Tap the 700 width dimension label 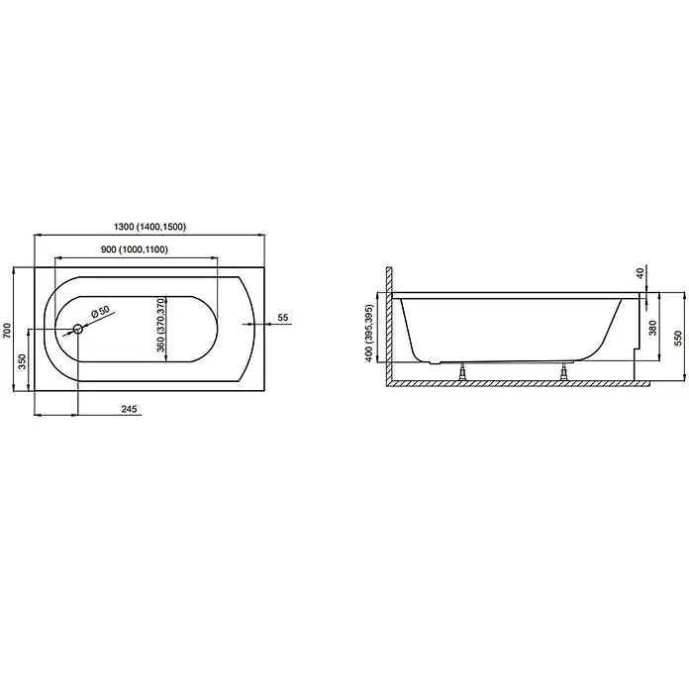[7, 331]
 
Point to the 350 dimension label [22, 361]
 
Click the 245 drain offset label [129, 409]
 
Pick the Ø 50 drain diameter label [100, 312]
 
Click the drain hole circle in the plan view [78, 329]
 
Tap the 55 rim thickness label [283, 317]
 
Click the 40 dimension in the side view [640, 273]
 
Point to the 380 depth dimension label [652, 328]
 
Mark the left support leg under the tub [462, 372]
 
